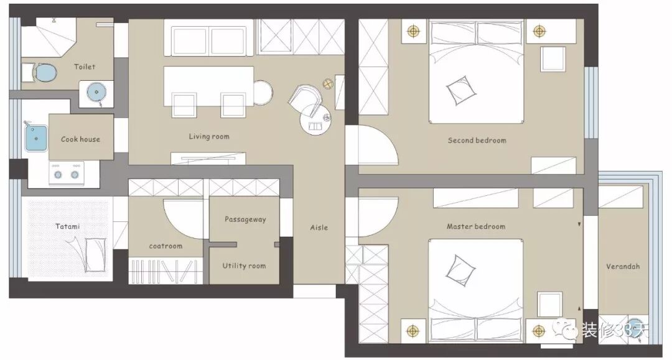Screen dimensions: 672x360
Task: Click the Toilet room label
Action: [85, 67]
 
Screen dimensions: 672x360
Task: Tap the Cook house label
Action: [80, 139]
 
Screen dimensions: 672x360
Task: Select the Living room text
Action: [209, 137]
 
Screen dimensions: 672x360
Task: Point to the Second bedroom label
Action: [477, 141]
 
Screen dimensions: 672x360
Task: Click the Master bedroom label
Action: [476, 226]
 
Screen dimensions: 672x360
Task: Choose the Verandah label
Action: [623, 266]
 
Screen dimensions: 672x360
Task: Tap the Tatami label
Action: [67, 226]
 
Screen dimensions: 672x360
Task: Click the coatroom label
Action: [166, 246]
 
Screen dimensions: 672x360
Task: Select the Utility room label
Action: [244, 266]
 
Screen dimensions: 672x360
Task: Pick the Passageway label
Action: [245, 219]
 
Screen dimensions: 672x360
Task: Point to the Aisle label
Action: [319, 228]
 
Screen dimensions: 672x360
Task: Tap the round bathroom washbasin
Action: [96, 92]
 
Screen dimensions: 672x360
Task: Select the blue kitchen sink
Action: [36, 138]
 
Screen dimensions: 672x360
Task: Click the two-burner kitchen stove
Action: [67, 173]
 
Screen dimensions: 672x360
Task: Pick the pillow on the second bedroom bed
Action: [460, 90]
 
